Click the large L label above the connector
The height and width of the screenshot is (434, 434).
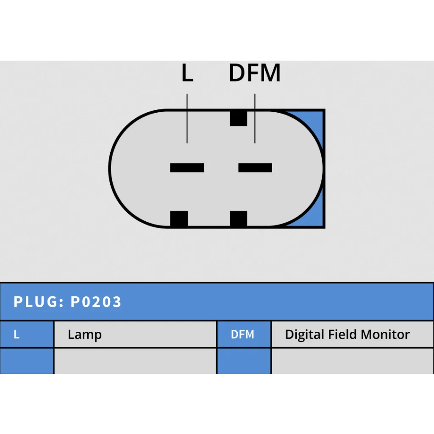(x=187, y=73)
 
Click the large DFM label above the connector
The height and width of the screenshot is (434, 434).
(x=255, y=73)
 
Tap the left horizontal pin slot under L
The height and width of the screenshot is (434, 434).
(x=187, y=168)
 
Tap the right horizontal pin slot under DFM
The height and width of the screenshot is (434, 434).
(x=255, y=168)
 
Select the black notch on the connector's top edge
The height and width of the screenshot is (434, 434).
(x=238, y=118)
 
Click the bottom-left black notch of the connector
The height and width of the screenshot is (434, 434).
(x=179, y=219)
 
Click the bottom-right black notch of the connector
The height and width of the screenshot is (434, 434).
(x=238, y=219)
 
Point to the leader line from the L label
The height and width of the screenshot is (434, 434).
(x=187, y=119)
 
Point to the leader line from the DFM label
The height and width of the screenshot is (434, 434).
(x=255, y=119)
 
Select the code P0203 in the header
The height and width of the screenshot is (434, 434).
(x=96, y=302)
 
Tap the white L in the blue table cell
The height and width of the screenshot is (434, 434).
(x=17, y=334)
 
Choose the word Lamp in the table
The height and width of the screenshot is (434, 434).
(x=85, y=335)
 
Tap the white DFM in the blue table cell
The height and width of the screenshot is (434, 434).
(x=242, y=334)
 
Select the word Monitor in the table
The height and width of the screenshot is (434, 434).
(x=385, y=334)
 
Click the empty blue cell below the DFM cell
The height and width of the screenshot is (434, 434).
(x=244, y=361)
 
